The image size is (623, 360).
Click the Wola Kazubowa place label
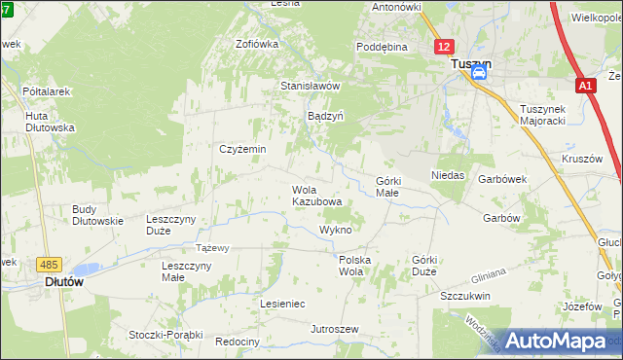click(x=317, y=196)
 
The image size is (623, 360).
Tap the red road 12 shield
click(x=444, y=47)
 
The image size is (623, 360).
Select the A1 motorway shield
click(x=584, y=87)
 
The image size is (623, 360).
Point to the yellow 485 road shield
click(x=48, y=264)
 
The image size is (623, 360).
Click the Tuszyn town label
click(x=471, y=64)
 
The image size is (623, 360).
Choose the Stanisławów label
click(x=310, y=86)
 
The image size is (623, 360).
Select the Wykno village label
click(x=335, y=230)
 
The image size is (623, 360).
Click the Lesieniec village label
click(x=282, y=304)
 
